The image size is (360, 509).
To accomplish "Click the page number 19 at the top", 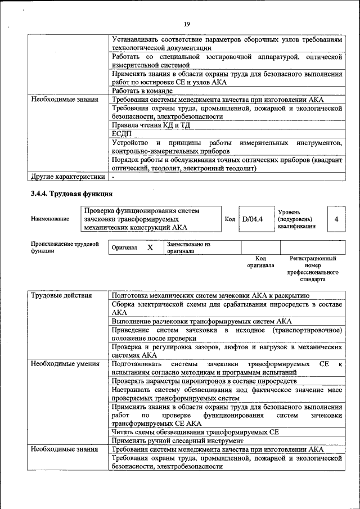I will click(x=187, y=23).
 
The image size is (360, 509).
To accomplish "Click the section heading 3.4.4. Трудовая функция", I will click(x=71, y=193).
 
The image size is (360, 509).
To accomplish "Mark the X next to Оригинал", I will click(x=150, y=247).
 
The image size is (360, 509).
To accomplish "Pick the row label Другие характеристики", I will click(x=68, y=177).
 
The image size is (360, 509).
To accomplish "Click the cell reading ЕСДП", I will click(x=121, y=133).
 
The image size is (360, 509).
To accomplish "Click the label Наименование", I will click(x=51, y=219).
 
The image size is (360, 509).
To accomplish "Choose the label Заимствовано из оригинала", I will click(x=188, y=248).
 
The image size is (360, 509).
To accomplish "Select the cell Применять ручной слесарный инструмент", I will click(x=177, y=441).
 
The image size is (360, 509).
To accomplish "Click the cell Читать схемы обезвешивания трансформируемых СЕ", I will click(x=195, y=432).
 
